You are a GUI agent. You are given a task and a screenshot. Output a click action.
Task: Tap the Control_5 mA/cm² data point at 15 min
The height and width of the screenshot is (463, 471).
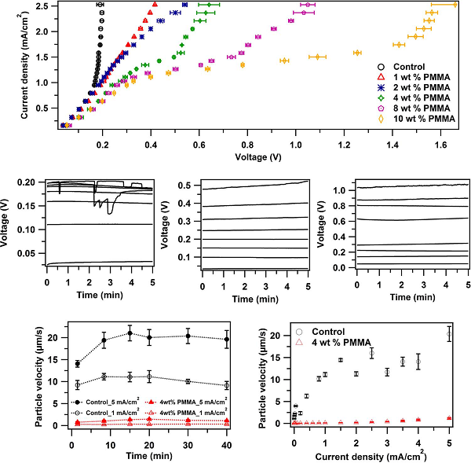[x=130, y=333]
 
